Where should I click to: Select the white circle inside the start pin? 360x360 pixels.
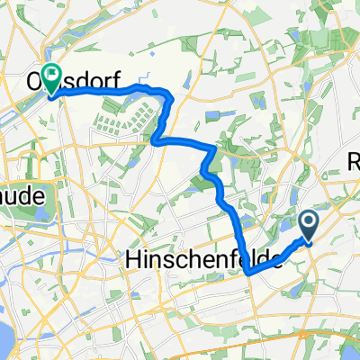[x=308, y=221]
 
